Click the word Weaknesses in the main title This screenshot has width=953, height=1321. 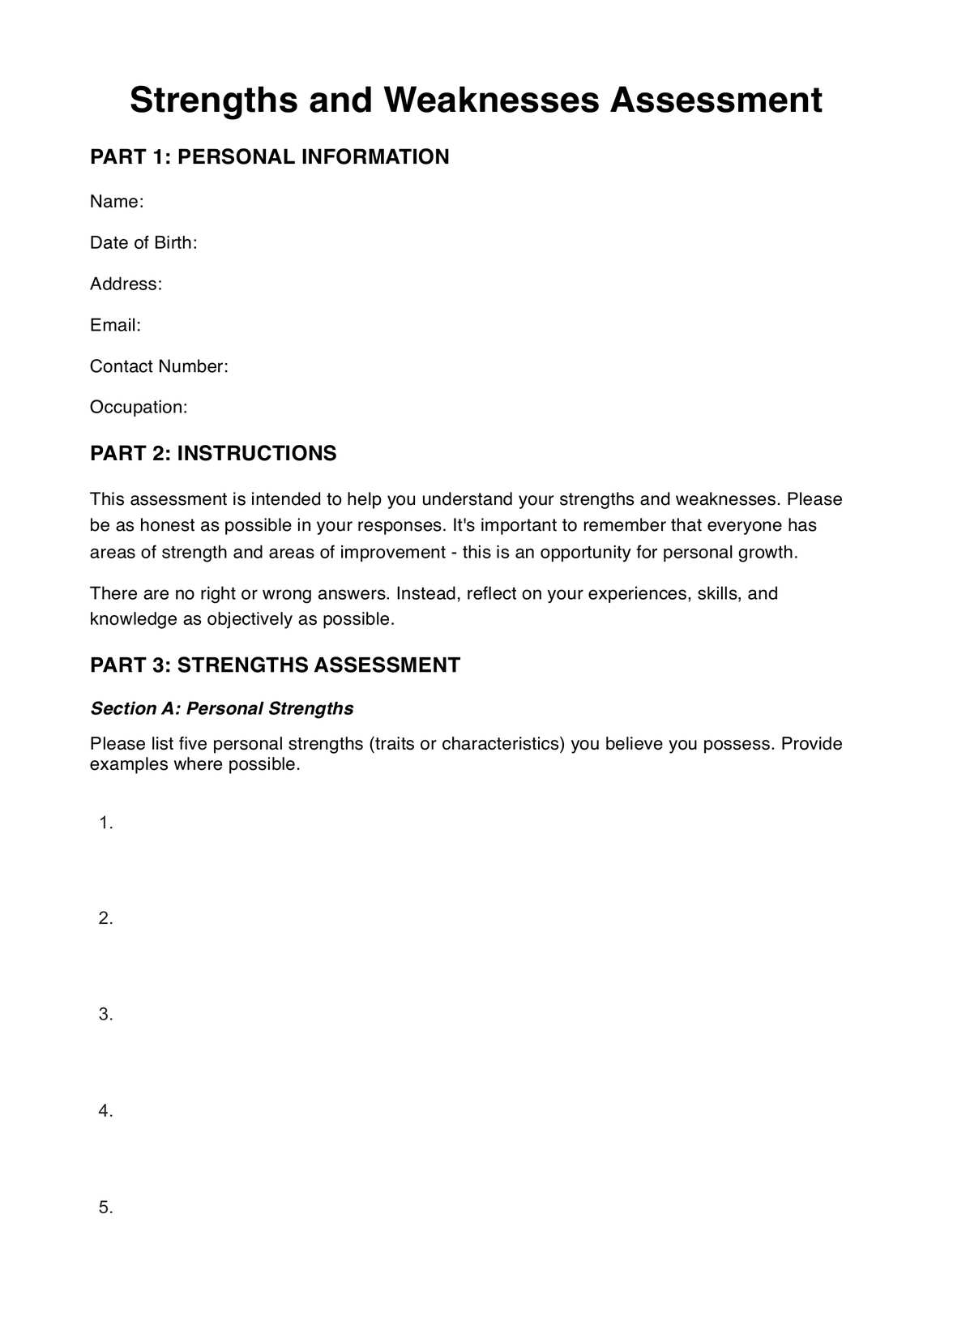[x=491, y=100]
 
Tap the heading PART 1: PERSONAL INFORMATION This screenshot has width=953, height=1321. [x=269, y=157]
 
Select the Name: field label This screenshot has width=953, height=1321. [x=117, y=202]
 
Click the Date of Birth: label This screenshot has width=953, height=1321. [x=143, y=243]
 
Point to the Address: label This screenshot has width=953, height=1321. [x=126, y=284]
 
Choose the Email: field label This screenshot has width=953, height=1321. [x=115, y=326]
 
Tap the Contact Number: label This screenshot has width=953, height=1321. [x=159, y=367]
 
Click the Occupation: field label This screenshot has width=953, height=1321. [x=139, y=408]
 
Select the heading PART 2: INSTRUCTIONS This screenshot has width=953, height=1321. [x=213, y=454]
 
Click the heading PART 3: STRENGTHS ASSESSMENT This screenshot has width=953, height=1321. [x=275, y=665]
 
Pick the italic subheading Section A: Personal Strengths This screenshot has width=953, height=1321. [x=221, y=709]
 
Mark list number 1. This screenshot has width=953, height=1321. [x=105, y=823]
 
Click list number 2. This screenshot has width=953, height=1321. [x=105, y=919]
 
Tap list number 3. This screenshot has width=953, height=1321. [x=105, y=1015]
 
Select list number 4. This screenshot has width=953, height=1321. [x=105, y=1111]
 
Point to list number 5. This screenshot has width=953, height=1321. [x=105, y=1208]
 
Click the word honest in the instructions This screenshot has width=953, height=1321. [x=167, y=526]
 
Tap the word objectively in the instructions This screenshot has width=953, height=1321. [x=250, y=620]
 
